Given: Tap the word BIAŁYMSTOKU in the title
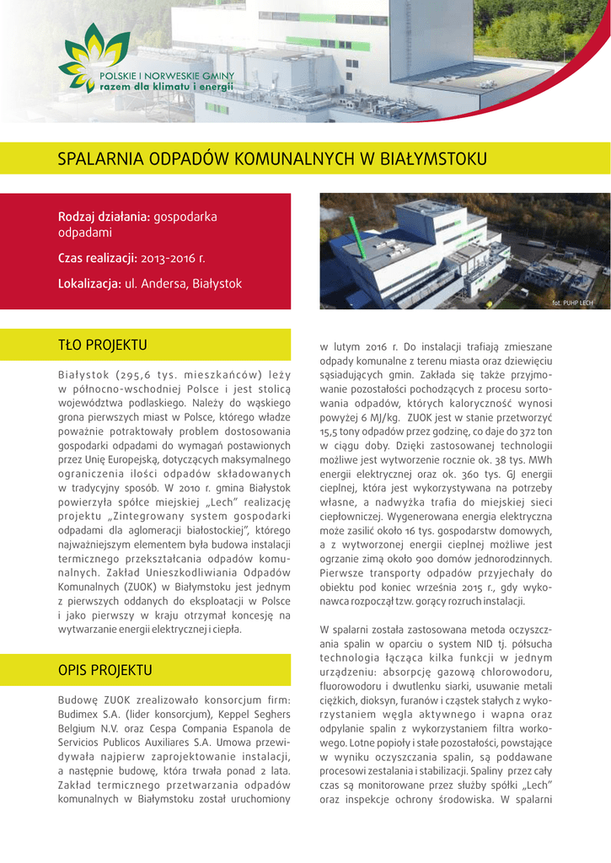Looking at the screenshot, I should [439, 158].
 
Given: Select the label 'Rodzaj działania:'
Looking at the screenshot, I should [105, 217].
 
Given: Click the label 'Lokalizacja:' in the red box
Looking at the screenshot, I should [89, 284].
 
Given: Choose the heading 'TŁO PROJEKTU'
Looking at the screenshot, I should [102, 345].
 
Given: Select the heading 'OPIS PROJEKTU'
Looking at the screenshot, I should [105, 671].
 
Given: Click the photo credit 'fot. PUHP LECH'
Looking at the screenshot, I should [573, 303].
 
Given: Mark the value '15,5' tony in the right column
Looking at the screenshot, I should [330, 431].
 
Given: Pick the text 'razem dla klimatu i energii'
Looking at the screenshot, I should [165, 87].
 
